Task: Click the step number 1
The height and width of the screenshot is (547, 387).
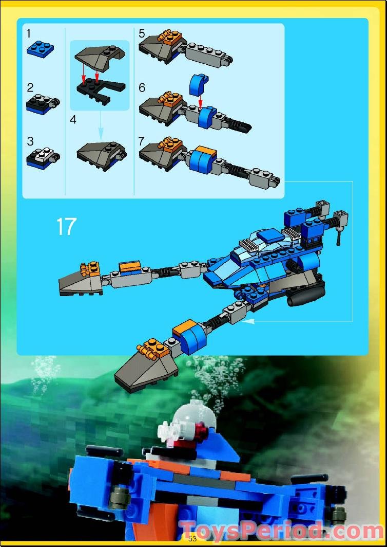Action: click(29, 34)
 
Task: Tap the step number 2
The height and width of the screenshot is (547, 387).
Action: click(30, 87)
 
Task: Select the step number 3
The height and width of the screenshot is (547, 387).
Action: click(30, 141)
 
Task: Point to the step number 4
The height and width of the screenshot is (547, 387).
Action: click(73, 120)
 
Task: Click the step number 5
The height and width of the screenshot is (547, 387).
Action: click(142, 34)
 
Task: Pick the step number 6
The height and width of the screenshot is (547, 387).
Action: click(142, 87)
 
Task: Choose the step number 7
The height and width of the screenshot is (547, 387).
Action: click(142, 141)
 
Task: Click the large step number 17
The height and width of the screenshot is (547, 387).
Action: click(66, 227)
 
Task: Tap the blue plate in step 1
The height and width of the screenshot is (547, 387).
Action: click(41, 49)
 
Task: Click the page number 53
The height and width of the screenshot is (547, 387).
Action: click(192, 538)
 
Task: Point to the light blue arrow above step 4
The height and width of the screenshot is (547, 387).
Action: click(101, 125)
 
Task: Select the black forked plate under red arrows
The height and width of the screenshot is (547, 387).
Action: click(100, 88)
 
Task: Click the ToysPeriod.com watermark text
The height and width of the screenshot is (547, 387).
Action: click(282, 531)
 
